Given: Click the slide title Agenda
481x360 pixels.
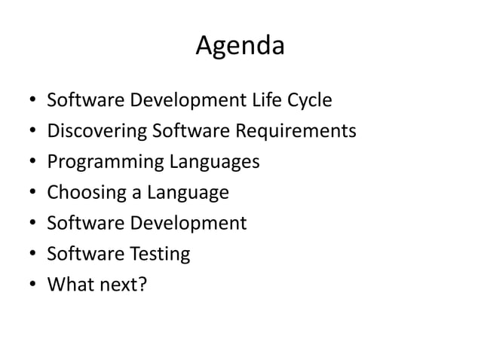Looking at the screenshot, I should point(240,47).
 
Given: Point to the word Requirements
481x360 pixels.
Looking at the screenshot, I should point(299,133).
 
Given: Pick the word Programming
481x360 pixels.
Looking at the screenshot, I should point(105,163).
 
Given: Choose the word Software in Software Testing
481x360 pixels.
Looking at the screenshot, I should point(83,254).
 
